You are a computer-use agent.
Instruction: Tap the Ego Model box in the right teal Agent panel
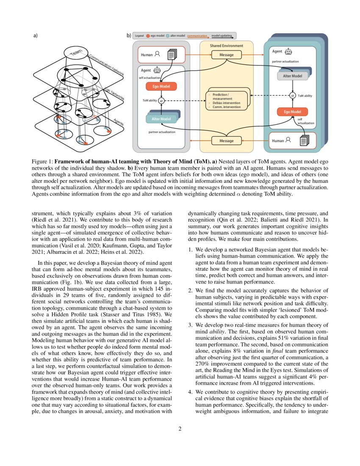click(292, 112)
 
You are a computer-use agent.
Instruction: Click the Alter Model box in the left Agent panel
click(161, 119)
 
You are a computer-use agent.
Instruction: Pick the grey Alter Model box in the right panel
click(292, 76)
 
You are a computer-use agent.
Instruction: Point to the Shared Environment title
click(227, 46)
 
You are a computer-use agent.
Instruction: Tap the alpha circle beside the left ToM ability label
click(161, 101)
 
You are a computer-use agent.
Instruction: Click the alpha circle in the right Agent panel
click(292, 96)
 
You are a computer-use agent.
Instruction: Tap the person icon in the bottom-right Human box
click(288, 140)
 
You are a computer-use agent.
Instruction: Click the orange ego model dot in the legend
click(148, 36)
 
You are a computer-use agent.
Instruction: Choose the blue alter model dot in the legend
click(168, 36)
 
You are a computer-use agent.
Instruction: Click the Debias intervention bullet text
click(226, 103)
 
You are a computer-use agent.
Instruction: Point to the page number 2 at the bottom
click(180, 429)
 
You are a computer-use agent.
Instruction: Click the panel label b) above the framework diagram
click(129, 36)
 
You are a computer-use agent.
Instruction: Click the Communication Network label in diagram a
click(106, 65)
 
